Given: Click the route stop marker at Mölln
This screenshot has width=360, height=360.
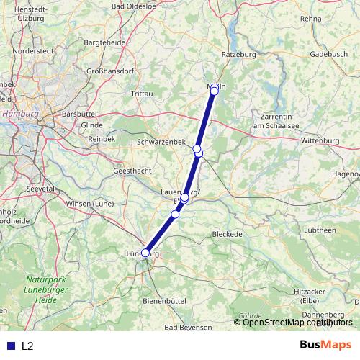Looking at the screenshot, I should click(215, 91).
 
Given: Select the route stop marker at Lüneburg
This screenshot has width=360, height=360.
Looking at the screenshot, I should click(145, 253).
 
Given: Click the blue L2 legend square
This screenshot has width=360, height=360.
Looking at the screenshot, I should click(11, 346).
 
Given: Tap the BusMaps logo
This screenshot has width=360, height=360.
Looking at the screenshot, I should click(325, 346).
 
